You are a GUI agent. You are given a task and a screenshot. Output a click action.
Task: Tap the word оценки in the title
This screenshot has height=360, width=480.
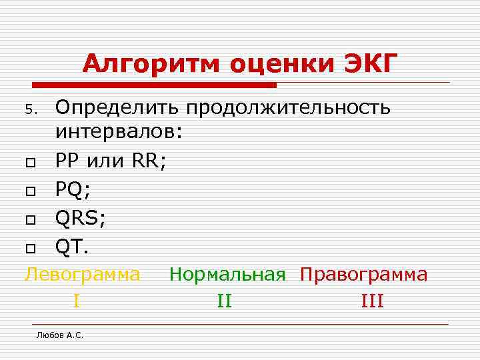(x=281, y=65)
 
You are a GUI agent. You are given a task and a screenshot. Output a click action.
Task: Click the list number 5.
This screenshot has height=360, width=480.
(x=37, y=109)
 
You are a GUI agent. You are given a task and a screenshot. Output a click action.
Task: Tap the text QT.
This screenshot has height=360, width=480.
(x=71, y=247)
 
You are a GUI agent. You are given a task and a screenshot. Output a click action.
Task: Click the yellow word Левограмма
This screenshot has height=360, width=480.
(x=83, y=274)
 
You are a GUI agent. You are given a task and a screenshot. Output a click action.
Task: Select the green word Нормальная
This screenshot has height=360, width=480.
(x=227, y=274)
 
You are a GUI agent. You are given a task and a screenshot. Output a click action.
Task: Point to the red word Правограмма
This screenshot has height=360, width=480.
(x=364, y=274)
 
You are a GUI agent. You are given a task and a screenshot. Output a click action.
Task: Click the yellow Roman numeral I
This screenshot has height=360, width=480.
(x=77, y=301)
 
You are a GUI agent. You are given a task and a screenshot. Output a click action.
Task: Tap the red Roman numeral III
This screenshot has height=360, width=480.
(x=372, y=301)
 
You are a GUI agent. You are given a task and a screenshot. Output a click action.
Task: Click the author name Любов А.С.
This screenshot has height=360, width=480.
(x=60, y=335)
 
